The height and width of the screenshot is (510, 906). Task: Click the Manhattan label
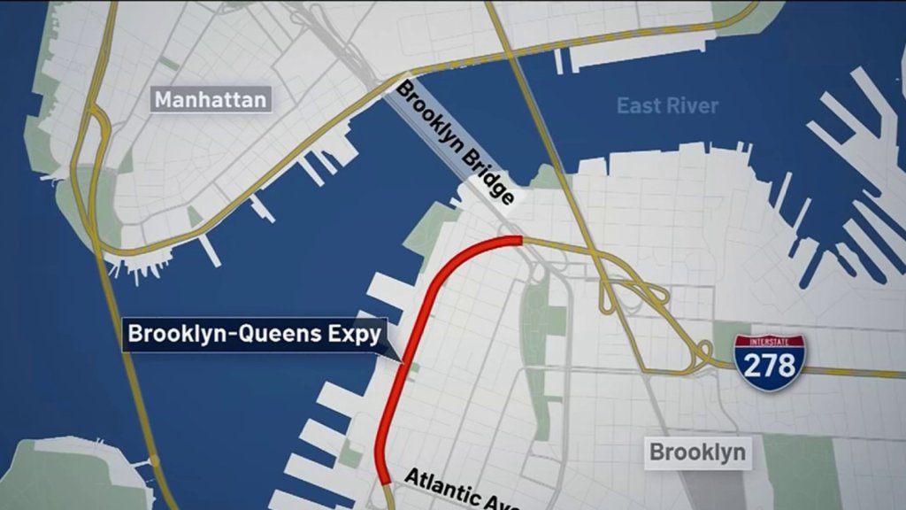click(211, 98)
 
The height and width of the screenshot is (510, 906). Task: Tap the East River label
click(668, 107)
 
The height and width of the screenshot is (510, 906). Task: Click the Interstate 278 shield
click(769, 359)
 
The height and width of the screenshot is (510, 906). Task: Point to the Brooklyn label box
click(697, 452)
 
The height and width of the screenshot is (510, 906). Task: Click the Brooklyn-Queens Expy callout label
click(255, 335)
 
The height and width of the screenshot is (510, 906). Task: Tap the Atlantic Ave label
click(457, 491)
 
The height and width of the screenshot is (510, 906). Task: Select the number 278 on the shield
click(769, 366)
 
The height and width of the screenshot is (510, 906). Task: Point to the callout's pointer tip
click(401, 360)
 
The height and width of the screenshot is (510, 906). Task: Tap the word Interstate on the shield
click(769, 341)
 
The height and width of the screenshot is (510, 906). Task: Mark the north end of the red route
click(519, 239)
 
